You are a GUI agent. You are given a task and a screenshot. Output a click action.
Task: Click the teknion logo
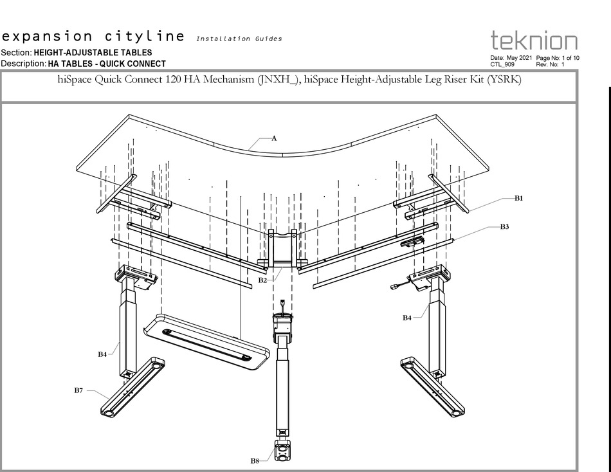coord(534,41)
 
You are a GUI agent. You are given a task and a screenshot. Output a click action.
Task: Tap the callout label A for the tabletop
coord(274,138)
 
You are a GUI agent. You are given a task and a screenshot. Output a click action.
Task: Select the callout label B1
coord(518,199)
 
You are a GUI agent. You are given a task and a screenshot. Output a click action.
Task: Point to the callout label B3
coord(505,227)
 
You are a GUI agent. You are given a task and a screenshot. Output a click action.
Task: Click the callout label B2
coord(262,280)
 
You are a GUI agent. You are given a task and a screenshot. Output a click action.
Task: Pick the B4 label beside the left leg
coord(102,354)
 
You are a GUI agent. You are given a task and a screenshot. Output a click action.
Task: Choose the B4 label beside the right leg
coord(407,318)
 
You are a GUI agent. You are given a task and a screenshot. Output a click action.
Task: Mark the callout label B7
coord(78,390)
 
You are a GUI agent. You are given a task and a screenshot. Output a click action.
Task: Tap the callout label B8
coord(255,460)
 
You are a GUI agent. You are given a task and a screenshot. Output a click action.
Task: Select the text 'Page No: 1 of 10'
coord(558,58)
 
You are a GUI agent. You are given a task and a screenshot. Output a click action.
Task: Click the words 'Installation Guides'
coord(239,39)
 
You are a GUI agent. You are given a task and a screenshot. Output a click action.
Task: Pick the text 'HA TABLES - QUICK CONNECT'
coord(106,64)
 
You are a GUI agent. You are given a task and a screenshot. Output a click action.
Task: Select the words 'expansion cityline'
coord(93,36)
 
